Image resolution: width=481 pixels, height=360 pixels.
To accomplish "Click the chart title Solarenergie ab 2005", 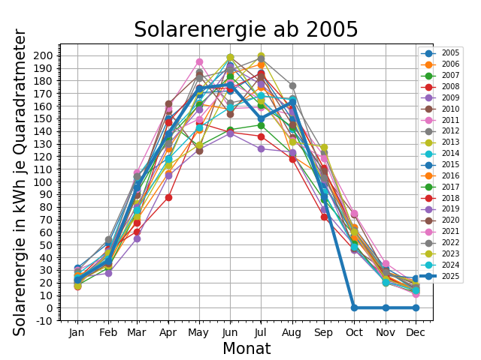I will pos(246,30).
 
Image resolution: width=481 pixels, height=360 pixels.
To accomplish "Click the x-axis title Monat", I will pos(247,349).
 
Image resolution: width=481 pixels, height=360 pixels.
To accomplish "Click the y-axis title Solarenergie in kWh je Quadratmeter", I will pos(20,182).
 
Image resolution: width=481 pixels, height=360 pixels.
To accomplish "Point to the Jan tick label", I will pos(77,331).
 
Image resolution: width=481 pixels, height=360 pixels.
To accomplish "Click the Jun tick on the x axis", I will pos(231,331).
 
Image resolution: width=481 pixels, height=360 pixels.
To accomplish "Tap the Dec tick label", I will pos(416,331).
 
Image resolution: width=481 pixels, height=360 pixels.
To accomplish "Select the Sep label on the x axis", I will pos(323,331).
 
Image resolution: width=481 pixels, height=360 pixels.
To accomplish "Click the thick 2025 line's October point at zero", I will pos(354,307).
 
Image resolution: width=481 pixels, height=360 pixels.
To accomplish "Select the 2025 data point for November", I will pos(385,307).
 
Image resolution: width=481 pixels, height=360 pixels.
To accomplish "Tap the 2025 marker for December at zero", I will pos(416,307).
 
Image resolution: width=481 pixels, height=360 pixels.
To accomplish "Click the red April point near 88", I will pos(169,197).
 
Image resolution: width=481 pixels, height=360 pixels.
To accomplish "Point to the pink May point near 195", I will pos(200,62).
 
